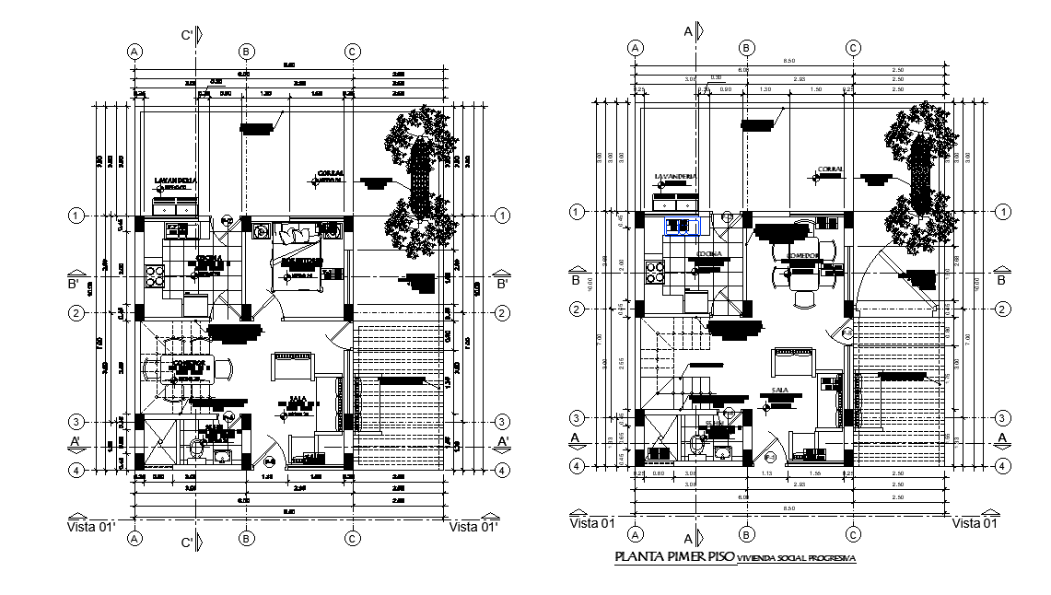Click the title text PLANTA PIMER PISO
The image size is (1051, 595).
(673, 558)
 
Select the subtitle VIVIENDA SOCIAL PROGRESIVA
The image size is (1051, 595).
(797, 559)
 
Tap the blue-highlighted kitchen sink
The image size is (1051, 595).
(681, 226)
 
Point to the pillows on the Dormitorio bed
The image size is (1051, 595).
(298, 235)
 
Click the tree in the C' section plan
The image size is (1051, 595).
(419, 180)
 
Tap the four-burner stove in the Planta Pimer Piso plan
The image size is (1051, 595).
(656, 273)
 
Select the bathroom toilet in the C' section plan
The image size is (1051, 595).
(196, 448)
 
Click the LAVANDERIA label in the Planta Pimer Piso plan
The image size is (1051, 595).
(675, 176)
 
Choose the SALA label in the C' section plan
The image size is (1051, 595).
(297, 400)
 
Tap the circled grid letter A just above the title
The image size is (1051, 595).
(636, 534)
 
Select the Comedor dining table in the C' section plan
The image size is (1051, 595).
(189, 366)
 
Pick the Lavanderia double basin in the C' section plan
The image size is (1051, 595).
(176, 207)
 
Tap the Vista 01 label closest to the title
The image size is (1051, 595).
(592, 523)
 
